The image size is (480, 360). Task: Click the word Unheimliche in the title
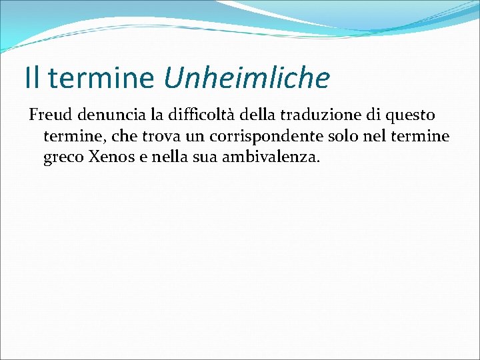coord(247,78)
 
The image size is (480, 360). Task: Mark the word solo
coord(348,137)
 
